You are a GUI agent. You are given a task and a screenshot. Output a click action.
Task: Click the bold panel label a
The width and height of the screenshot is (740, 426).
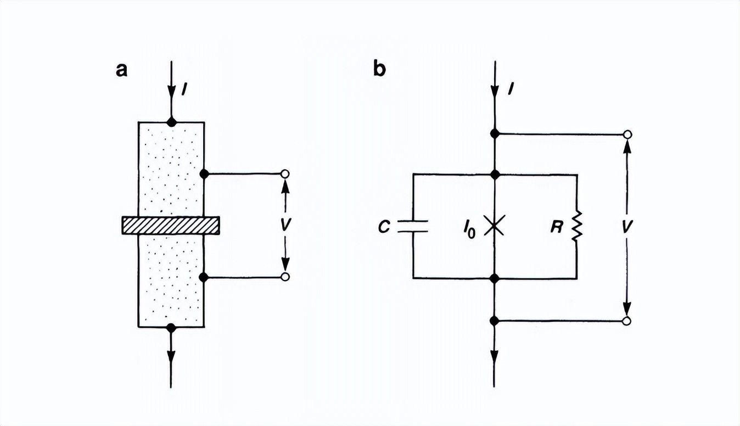[x=122, y=70]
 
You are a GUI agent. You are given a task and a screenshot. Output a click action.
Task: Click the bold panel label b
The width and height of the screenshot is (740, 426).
[x=379, y=70]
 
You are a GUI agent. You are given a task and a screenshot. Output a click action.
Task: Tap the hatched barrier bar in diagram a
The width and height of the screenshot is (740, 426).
[x=171, y=225]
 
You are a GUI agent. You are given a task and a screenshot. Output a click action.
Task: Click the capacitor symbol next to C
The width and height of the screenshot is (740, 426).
[x=413, y=226]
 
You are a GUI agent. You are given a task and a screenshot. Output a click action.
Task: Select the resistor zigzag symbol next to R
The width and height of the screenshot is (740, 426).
[x=576, y=226]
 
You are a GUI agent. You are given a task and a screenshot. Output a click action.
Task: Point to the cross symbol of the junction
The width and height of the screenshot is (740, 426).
[x=495, y=226]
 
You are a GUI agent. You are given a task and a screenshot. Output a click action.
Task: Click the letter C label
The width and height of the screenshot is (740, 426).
[x=384, y=227]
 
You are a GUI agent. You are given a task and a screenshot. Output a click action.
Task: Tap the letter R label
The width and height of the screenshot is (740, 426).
[x=557, y=227]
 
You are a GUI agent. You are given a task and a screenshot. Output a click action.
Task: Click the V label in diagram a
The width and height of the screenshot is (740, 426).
[x=285, y=226]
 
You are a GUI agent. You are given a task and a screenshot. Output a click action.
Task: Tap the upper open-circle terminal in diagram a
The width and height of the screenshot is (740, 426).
[x=285, y=174]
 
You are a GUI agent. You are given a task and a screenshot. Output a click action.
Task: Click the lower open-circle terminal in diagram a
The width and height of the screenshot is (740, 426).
[x=285, y=277]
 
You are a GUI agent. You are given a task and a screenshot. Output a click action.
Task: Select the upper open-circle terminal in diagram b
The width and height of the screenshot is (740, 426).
[x=627, y=134]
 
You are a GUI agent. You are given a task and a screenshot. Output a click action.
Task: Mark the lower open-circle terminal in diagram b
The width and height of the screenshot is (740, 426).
[x=627, y=321]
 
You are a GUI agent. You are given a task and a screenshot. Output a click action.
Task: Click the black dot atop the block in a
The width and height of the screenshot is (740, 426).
[x=171, y=122]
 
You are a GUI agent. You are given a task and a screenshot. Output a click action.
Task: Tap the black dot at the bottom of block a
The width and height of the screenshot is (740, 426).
[x=171, y=328]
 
